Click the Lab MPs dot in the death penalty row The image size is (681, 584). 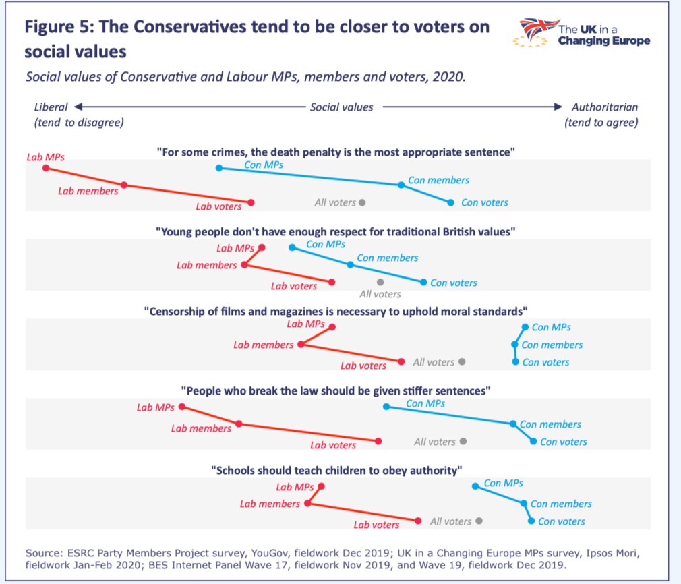point(45,167)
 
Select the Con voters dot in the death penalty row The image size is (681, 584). point(451,202)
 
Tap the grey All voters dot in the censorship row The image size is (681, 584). point(462,361)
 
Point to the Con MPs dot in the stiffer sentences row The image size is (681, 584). point(386,407)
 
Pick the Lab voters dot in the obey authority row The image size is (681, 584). point(419,521)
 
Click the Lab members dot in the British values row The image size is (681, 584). point(244,265)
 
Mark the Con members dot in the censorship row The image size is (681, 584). point(515,345)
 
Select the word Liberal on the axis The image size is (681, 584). point(51,107)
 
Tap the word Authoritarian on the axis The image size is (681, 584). point(604,107)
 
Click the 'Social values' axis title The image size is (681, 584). point(341,107)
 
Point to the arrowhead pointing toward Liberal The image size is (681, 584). point(78,107)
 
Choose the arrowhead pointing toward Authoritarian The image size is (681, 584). point(558,107)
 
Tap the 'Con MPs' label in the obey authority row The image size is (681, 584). point(504,483)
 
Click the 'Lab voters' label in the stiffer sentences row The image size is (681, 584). point(333,445)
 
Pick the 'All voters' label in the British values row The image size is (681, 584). point(380,294)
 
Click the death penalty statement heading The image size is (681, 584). point(336,152)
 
